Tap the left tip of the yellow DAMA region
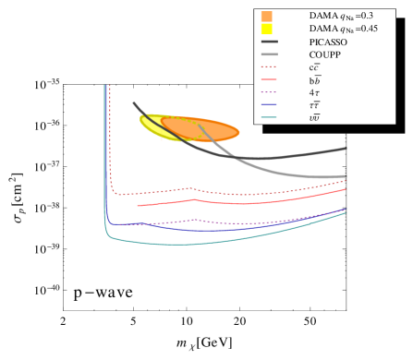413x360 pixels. pyautogui.click(x=141, y=119)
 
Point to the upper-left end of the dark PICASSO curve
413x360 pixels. pyautogui.click(x=134, y=102)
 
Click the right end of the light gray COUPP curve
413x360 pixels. pyautogui.click(x=345, y=175)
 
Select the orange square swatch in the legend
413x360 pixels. pyautogui.click(x=267, y=16)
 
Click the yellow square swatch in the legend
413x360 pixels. pyautogui.click(x=267, y=29)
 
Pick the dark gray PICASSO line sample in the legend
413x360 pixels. pyautogui.click(x=271, y=42)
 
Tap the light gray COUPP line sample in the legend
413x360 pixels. pyautogui.click(x=271, y=54)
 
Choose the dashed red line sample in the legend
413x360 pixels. pyautogui.click(x=271, y=67)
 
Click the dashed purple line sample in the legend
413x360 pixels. pyautogui.click(x=271, y=92)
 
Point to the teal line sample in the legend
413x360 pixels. pyautogui.click(x=271, y=117)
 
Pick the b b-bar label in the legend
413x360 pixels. pyautogui.click(x=314, y=80)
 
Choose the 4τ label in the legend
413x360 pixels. pyautogui.click(x=314, y=92)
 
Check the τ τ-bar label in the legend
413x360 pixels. pyautogui.click(x=314, y=105)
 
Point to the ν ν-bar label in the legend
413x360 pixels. pyautogui.click(x=314, y=117)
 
